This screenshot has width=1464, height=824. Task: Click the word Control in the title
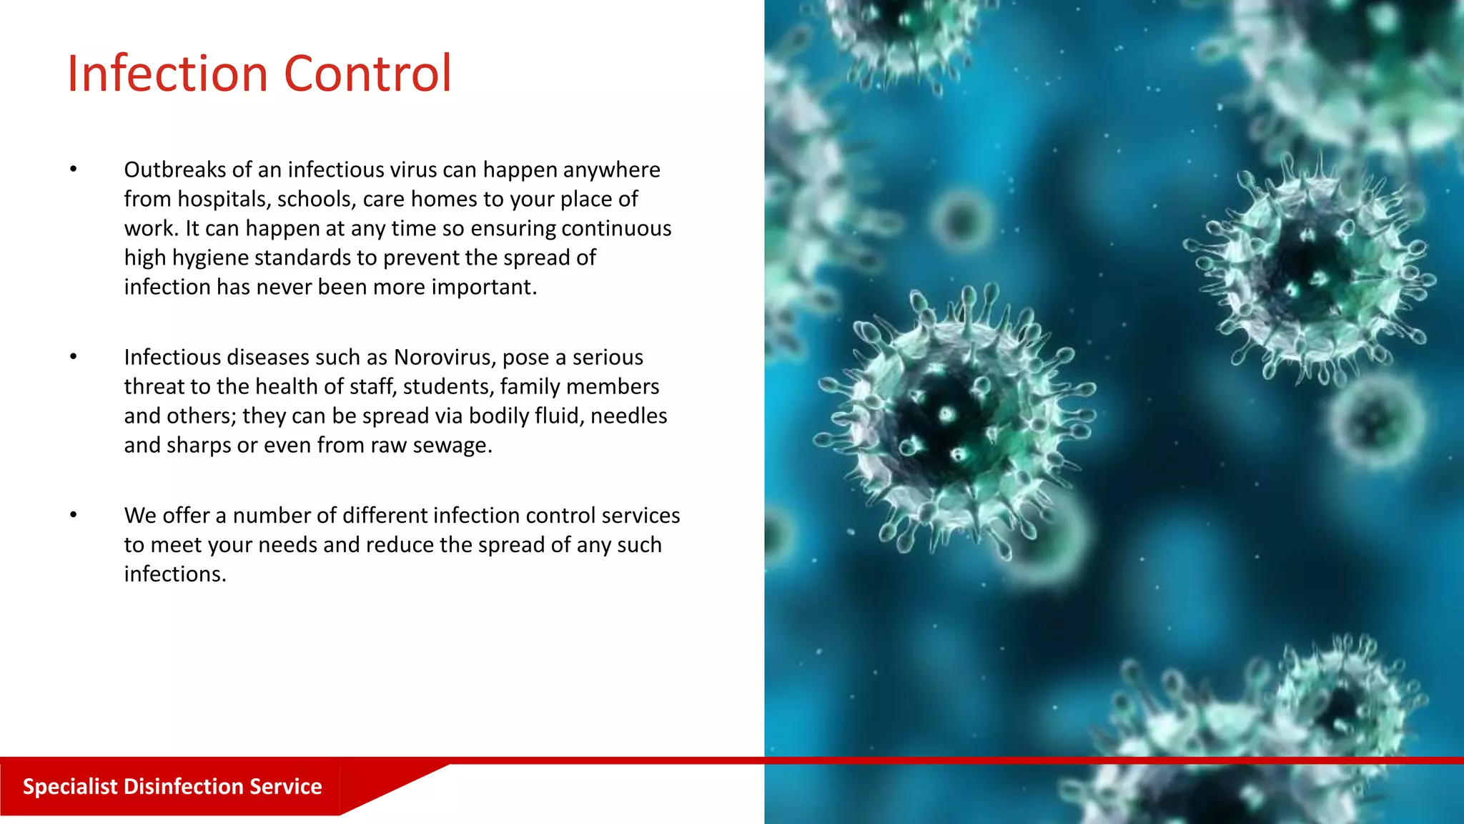pyautogui.click(x=367, y=74)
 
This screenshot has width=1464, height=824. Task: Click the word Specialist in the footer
pyautogui.click(x=69, y=786)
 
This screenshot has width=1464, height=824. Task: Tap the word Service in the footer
pyautogui.click(x=286, y=786)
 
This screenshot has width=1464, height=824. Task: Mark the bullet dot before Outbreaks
pyautogui.click(x=73, y=170)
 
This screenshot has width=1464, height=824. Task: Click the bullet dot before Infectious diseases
pyautogui.click(x=73, y=357)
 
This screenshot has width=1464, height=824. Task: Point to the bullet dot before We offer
pyautogui.click(x=73, y=515)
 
